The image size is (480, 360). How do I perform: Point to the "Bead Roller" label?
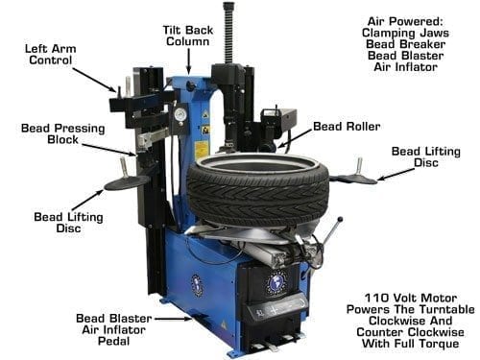click(x=346, y=126)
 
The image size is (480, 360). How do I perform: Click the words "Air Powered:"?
click(x=409, y=20)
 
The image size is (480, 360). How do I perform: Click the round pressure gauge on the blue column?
click(x=179, y=112)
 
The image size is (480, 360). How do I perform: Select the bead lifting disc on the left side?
click(x=127, y=181)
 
